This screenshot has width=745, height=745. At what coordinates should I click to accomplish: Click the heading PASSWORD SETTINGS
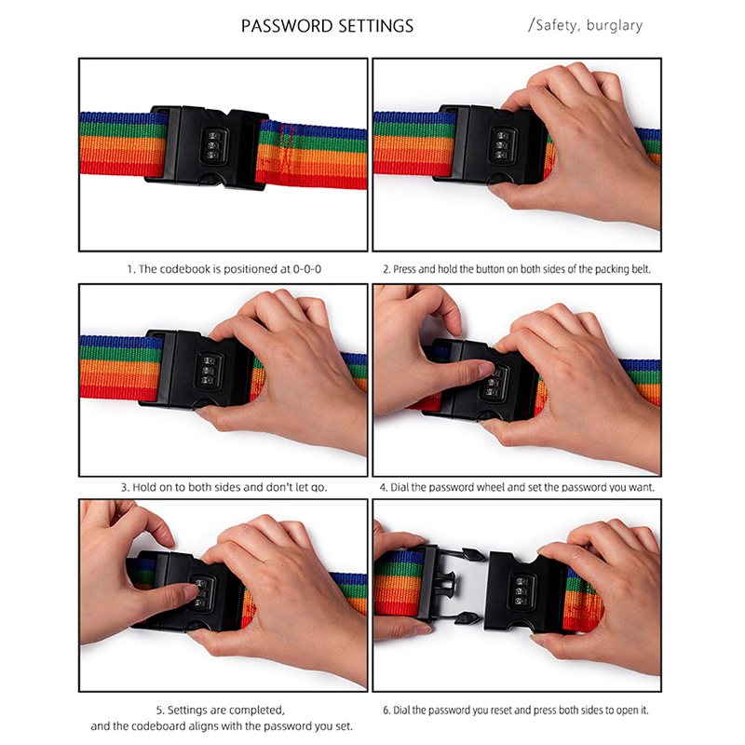[x=328, y=26]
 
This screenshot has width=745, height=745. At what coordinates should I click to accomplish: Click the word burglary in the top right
[x=615, y=25]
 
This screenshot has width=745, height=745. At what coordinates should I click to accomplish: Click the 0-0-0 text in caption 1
[x=307, y=269]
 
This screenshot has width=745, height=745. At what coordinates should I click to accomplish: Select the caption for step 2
[x=517, y=269]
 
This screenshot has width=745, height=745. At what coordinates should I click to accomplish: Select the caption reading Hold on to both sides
[x=223, y=487]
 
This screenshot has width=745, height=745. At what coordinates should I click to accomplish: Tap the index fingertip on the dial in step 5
[x=189, y=592]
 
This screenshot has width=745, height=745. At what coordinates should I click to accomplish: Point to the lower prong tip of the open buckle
[x=468, y=618]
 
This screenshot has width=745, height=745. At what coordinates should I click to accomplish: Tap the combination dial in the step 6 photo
[x=522, y=591]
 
